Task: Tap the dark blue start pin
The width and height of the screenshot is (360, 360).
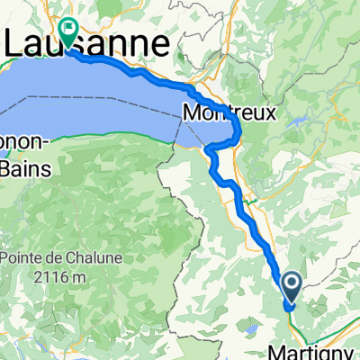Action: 294,288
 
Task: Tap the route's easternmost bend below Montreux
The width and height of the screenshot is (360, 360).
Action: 239,135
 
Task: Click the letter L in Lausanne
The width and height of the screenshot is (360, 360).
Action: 16,42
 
